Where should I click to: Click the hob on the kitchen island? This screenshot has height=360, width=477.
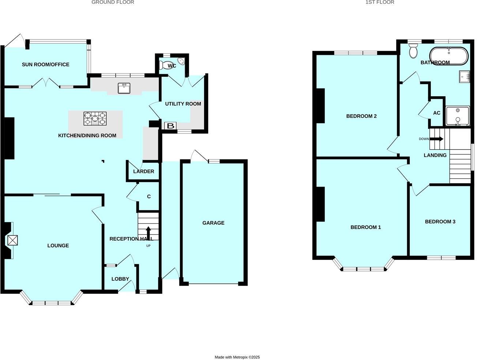(95, 119)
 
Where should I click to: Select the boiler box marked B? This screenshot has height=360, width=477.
(170, 126)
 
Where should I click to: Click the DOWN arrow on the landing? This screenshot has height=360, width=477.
(436, 139)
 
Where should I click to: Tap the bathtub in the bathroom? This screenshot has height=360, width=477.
(448, 56)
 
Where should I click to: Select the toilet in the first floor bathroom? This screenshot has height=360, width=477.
(414, 51)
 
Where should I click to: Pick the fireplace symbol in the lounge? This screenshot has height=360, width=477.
(12, 240)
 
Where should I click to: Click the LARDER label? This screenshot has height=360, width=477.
(143, 171)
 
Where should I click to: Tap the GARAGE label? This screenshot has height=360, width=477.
(213, 223)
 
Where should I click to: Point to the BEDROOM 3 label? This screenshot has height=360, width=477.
(440, 221)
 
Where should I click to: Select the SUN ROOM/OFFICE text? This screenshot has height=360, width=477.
(45, 64)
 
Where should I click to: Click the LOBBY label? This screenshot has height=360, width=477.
(120, 279)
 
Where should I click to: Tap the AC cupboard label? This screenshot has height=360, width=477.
(436, 113)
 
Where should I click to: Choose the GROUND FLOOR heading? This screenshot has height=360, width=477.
(113, 2)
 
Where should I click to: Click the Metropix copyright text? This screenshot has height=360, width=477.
(237, 357)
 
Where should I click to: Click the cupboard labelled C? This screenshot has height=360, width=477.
(149, 196)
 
